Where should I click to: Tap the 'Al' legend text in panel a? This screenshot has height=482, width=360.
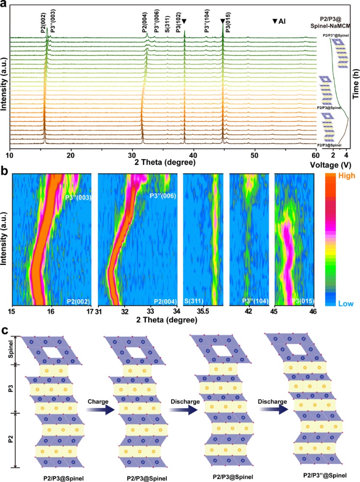click(x=282, y=21)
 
